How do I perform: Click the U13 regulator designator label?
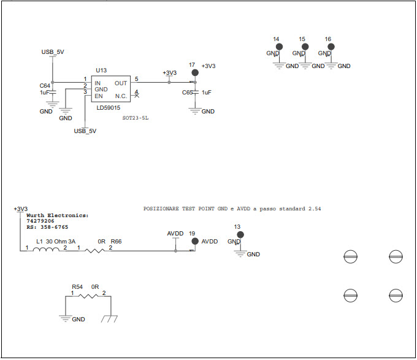pos(101,71)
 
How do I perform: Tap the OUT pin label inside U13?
pos(121,83)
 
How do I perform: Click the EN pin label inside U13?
pos(98,96)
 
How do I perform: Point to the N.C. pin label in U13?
pos(121,96)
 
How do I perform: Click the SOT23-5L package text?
pos(136,117)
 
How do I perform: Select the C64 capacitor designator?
pos(45,85)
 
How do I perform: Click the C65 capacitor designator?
pos(188,92)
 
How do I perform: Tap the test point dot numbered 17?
pos(195,72)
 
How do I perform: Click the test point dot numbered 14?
pos(279,46)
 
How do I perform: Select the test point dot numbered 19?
pos(195,242)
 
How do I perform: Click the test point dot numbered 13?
pos(240,234)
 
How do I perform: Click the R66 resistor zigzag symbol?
pos(95,250)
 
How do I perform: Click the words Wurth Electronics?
pos(57,216)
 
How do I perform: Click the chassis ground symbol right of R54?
pos(109,319)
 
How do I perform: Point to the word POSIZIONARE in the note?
pos(161,209)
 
